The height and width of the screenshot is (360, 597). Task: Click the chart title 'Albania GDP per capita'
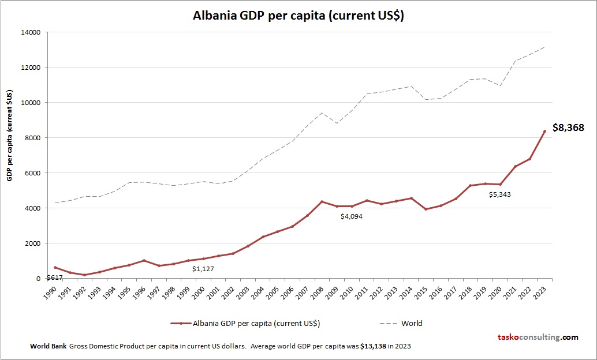click(298, 16)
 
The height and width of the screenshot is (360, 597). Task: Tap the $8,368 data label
click(569, 127)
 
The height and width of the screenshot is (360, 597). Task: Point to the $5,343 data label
click(499, 194)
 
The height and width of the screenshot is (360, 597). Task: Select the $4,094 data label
click(351, 216)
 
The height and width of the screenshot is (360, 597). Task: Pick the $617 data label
click(54, 277)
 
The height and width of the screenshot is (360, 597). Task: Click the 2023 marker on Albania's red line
click(544, 132)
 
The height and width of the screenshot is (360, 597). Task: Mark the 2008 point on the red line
click(322, 201)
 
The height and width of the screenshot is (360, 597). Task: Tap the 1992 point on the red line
click(84, 275)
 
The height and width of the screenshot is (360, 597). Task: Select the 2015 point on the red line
click(426, 209)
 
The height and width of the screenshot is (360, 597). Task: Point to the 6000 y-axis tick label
click(32, 173)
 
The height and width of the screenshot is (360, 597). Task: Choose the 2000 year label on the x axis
click(199, 291)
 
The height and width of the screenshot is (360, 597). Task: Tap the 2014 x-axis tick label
click(407, 291)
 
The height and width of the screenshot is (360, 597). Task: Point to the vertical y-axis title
click(10, 136)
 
